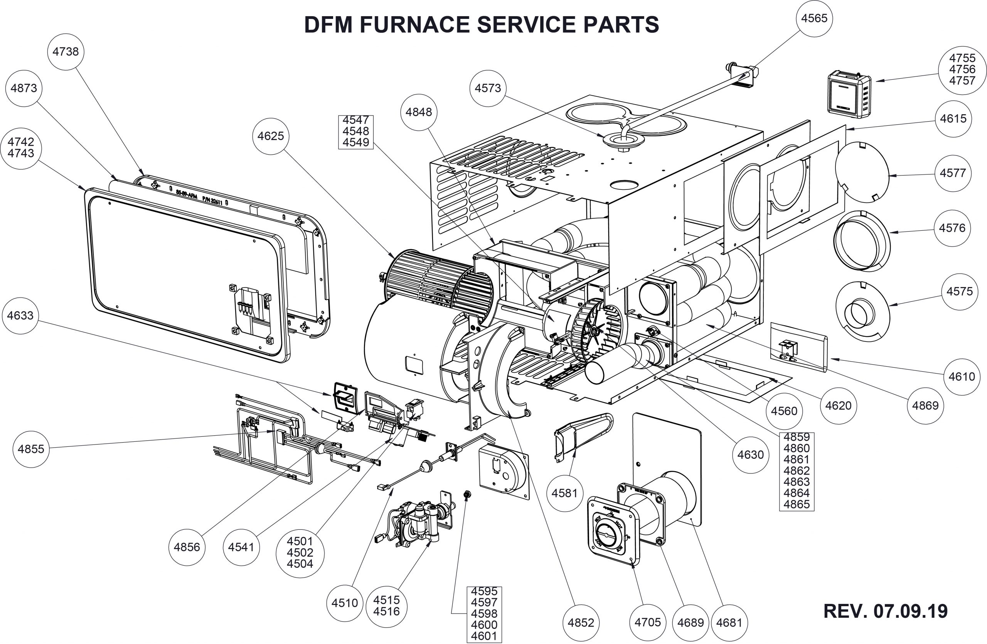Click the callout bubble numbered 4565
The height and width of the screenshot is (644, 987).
(x=814, y=18)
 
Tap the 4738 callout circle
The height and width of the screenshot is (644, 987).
(x=66, y=51)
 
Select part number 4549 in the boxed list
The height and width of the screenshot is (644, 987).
(x=356, y=142)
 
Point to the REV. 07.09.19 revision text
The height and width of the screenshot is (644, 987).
(x=885, y=611)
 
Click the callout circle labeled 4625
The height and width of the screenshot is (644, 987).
(x=270, y=136)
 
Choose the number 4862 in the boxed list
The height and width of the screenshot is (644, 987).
(x=796, y=470)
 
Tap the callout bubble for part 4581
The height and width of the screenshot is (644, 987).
(x=564, y=494)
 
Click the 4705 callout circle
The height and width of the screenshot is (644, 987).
(x=647, y=622)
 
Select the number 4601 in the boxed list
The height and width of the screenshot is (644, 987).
(x=484, y=636)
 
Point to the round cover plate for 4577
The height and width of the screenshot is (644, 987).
(x=862, y=172)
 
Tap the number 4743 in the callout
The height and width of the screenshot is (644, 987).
(x=21, y=154)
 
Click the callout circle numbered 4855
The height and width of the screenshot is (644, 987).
(x=31, y=449)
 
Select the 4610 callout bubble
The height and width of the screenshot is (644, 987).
(x=962, y=377)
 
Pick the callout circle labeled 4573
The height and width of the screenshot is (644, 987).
(x=488, y=88)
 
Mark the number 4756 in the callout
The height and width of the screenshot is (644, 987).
(x=962, y=69)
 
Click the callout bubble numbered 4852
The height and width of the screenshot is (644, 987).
(x=581, y=622)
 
